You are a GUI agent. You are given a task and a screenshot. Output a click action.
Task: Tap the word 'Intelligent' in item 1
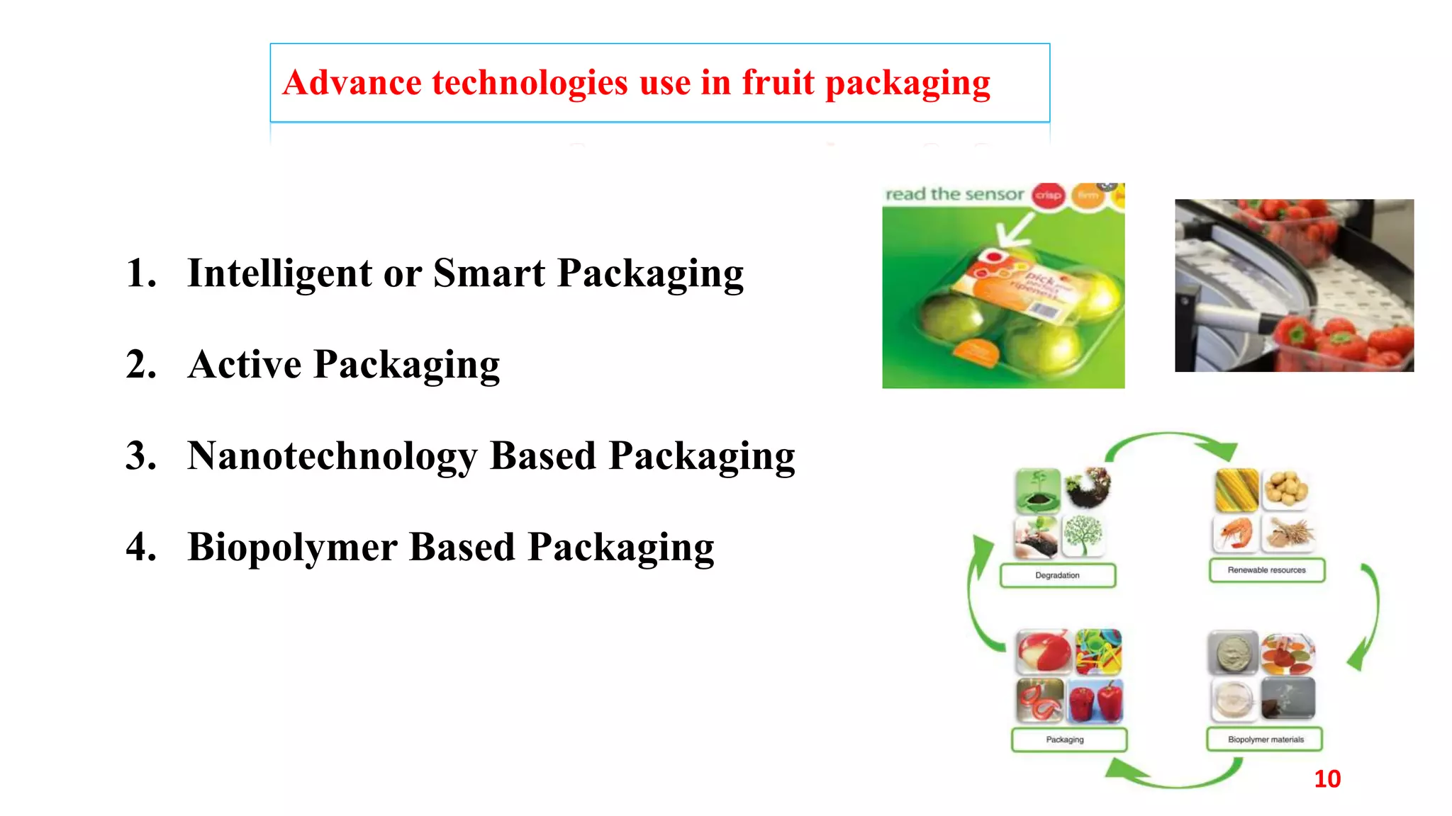click(279, 273)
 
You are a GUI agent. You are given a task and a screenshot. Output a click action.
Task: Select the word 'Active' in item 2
click(245, 365)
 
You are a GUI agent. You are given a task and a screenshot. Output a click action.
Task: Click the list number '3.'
click(141, 455)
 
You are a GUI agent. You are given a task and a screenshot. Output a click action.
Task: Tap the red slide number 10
click(1327, 778)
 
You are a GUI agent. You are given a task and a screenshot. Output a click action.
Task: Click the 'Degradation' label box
click(1057, 575)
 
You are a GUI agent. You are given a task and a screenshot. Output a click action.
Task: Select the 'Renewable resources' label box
click(1266, 570)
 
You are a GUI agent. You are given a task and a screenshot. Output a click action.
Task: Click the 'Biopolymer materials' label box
click(1265, 739)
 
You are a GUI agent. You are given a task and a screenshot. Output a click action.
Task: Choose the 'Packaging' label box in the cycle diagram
click(1065, 739)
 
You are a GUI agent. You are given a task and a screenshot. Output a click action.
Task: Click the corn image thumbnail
click(1236, 489)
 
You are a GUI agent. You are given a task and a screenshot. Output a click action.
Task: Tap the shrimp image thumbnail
click(1236, 533)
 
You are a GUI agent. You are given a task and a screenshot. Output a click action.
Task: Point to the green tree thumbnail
click(1083, 535)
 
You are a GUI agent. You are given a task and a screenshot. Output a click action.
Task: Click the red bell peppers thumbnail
click(1096, 701)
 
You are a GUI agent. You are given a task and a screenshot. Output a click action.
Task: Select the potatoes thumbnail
click(1285, 489)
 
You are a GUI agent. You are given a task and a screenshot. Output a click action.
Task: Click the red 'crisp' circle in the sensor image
click(1048, 195)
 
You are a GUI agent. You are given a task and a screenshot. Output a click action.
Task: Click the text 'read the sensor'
click(954, 194)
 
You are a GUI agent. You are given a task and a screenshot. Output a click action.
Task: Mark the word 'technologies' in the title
click(530, 82)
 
